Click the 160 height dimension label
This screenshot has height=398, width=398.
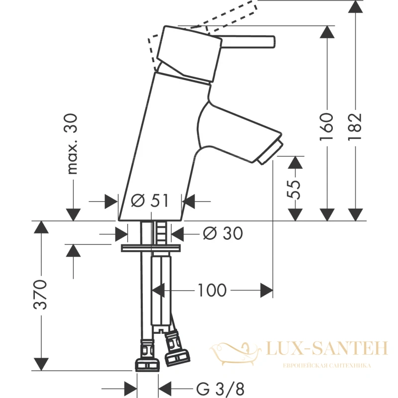click(x=326, y=126)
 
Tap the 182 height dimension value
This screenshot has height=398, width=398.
click(x=355, y=126)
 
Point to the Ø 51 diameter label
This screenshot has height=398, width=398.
click(x=150, y=201)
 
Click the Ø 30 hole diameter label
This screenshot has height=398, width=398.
click(x=223, y=233)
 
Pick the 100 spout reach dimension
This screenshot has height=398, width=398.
click(x=212, y=290)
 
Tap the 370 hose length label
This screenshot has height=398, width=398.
click(x=40, y=295)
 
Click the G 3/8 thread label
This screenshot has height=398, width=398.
click(x=220, y=389)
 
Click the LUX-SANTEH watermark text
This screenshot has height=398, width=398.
click(x=327, y=348)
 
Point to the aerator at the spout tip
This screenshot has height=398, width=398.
click(x=270, y=153)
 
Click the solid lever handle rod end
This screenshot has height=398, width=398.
click(x=273, y=42)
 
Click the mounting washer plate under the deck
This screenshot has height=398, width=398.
click(x=151, y=248)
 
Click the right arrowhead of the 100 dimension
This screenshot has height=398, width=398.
click(x=267, y=290)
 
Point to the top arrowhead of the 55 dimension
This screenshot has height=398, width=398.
click(x=295, y=163)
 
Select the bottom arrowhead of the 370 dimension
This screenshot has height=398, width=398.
click(x=41, y=364)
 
